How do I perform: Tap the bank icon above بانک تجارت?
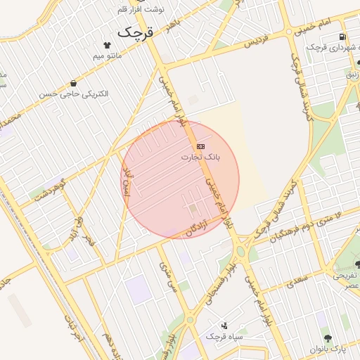[x=201, y=146]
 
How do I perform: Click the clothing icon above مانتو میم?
[x=107, y=44]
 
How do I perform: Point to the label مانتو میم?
[x=108, y=55]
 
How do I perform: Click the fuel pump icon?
[x=342, y=37]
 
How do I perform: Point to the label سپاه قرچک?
[x=224, y=337]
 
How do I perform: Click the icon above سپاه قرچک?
[x=224, y=325]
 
